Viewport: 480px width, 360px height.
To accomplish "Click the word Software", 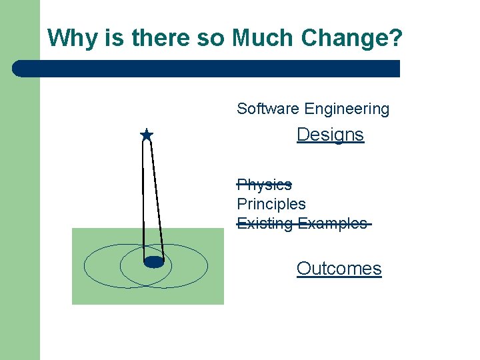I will click(x=268, y=109).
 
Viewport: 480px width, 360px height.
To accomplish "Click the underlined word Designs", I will click(x=330, y=135).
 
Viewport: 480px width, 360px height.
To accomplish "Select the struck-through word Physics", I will click(x=264, y=185).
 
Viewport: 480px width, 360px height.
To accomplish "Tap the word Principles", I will click(x=271, y=204).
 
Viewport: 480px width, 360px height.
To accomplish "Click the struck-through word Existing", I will click(x=265, y=223).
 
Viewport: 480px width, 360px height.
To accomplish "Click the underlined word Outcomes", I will click(x=339, y=269).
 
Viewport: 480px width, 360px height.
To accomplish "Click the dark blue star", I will click(x=147, y=135).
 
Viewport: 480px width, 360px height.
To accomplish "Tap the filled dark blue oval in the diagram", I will click(x=154, y=262).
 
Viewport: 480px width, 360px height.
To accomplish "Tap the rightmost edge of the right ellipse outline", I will click(x=207, y=266).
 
